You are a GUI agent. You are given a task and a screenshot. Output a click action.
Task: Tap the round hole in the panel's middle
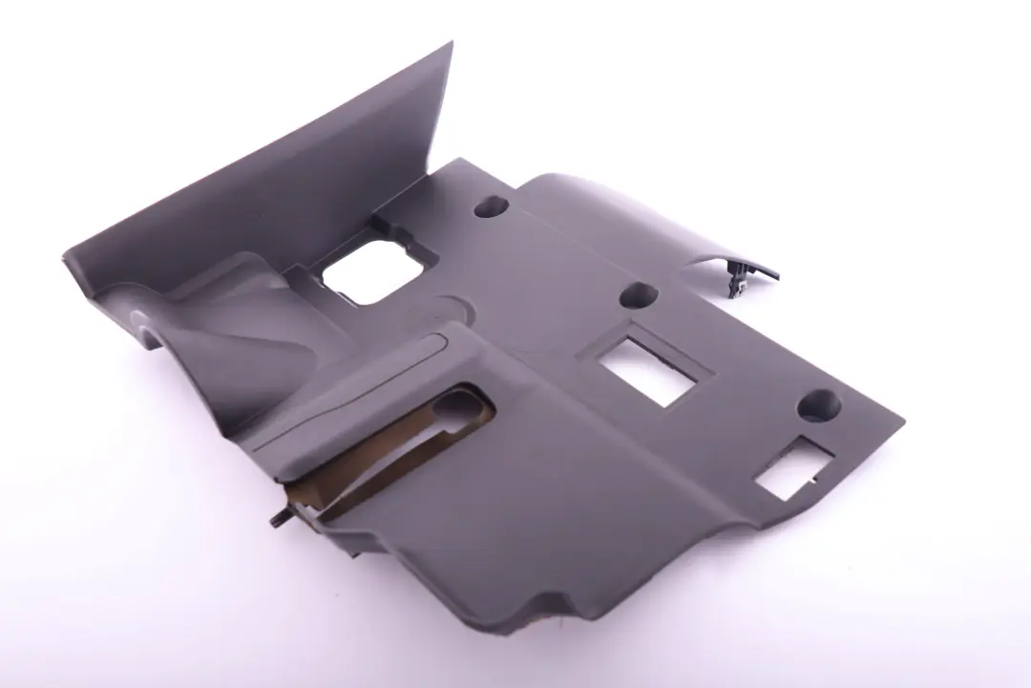click(x=639, y=295)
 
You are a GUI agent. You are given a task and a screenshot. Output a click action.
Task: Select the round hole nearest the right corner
click(x=818, y=404)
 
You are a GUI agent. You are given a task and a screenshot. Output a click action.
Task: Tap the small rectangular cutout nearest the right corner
click(x=791, y=470)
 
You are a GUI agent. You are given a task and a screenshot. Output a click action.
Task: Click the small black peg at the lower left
click(x=277, y=519)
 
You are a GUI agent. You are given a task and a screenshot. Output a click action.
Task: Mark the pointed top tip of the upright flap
click(x=451, y=44)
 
